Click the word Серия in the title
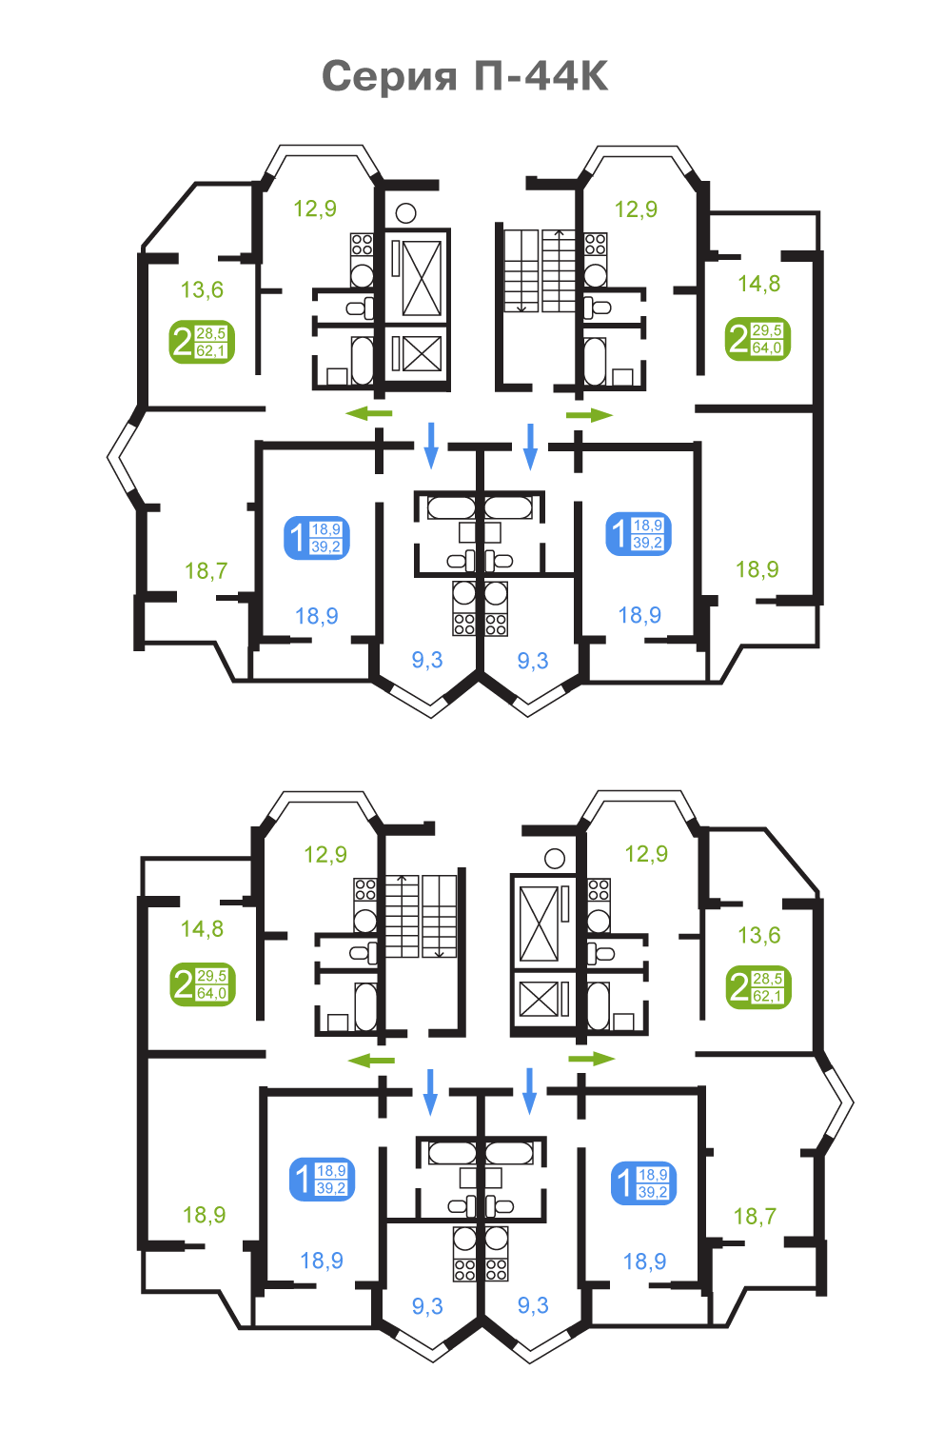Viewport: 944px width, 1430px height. (x=389, y=77)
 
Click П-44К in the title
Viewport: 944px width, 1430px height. (x=541, y=76)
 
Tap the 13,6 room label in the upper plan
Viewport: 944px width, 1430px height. (x=202, y=289)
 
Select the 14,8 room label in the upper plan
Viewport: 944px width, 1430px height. (x=758, y=284)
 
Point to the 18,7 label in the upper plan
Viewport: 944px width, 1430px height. (x=206, y=570)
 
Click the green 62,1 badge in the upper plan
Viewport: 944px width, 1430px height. (x=202, y=342)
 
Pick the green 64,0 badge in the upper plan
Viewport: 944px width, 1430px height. (x=757, y=339)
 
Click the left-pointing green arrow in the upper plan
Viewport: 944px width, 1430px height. (x=369, y=413)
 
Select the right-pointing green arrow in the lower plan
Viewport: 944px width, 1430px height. (x=592, y=1059)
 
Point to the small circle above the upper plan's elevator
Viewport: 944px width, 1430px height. (x=405, y=213)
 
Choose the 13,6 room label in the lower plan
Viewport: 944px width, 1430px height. (x=758, y=935)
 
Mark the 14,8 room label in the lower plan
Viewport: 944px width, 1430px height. (x=202, y=929)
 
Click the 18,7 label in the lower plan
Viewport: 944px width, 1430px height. (x=755, y=1216)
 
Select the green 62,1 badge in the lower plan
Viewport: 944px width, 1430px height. (x=758, y=987)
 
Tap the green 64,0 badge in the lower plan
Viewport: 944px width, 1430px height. (x=203, y=984)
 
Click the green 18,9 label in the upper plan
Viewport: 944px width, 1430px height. (x=757, y=569)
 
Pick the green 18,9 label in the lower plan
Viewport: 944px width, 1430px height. (x=205, y=1215)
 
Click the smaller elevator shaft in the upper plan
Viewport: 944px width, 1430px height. (x=417, y=353)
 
